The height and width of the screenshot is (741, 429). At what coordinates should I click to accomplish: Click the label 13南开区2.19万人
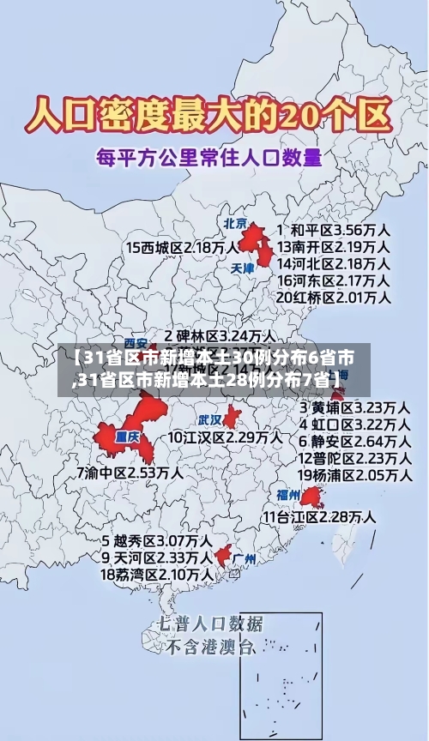(x=333, y=246)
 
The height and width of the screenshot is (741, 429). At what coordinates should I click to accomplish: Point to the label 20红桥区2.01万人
(x=333, y=297)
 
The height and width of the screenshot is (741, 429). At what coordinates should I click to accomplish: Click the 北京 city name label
(x=235, y=223)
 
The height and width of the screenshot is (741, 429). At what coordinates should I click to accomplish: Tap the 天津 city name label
(x=243, y=268)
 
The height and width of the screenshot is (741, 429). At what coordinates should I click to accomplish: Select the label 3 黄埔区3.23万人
(x=353, y=407)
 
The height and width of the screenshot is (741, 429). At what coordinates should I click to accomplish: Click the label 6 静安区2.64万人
(x=353, y=441)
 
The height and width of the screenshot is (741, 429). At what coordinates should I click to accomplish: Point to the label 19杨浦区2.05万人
(x=353, y=474)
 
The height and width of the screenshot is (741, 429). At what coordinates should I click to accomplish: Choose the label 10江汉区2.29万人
(x=224, y=437)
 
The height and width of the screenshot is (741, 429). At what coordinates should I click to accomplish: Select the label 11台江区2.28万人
(x=318, y=517)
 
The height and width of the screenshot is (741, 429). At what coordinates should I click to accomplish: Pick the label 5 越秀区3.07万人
(x=157, y=541)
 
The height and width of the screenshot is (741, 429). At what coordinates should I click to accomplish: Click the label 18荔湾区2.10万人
(x=157, y=574)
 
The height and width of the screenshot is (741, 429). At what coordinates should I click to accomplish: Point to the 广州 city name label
(x=245, y=558)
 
